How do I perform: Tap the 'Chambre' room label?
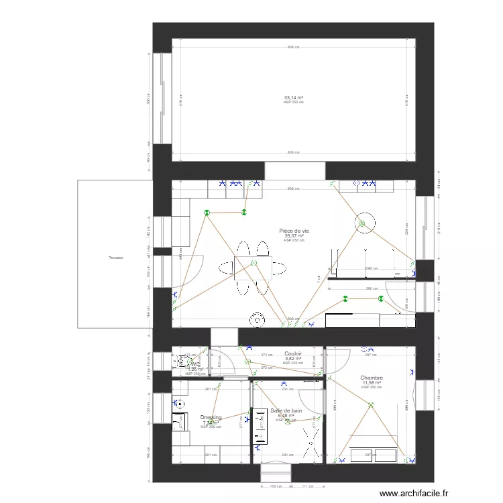371,378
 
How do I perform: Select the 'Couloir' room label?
293,353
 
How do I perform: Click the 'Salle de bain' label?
286,410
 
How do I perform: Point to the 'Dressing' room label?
211,417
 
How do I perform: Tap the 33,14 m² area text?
293,98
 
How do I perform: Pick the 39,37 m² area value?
294,235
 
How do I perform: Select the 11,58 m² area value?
371,383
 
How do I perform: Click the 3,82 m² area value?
293,359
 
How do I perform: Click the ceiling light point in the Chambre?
370,404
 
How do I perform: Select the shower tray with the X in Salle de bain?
311,443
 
